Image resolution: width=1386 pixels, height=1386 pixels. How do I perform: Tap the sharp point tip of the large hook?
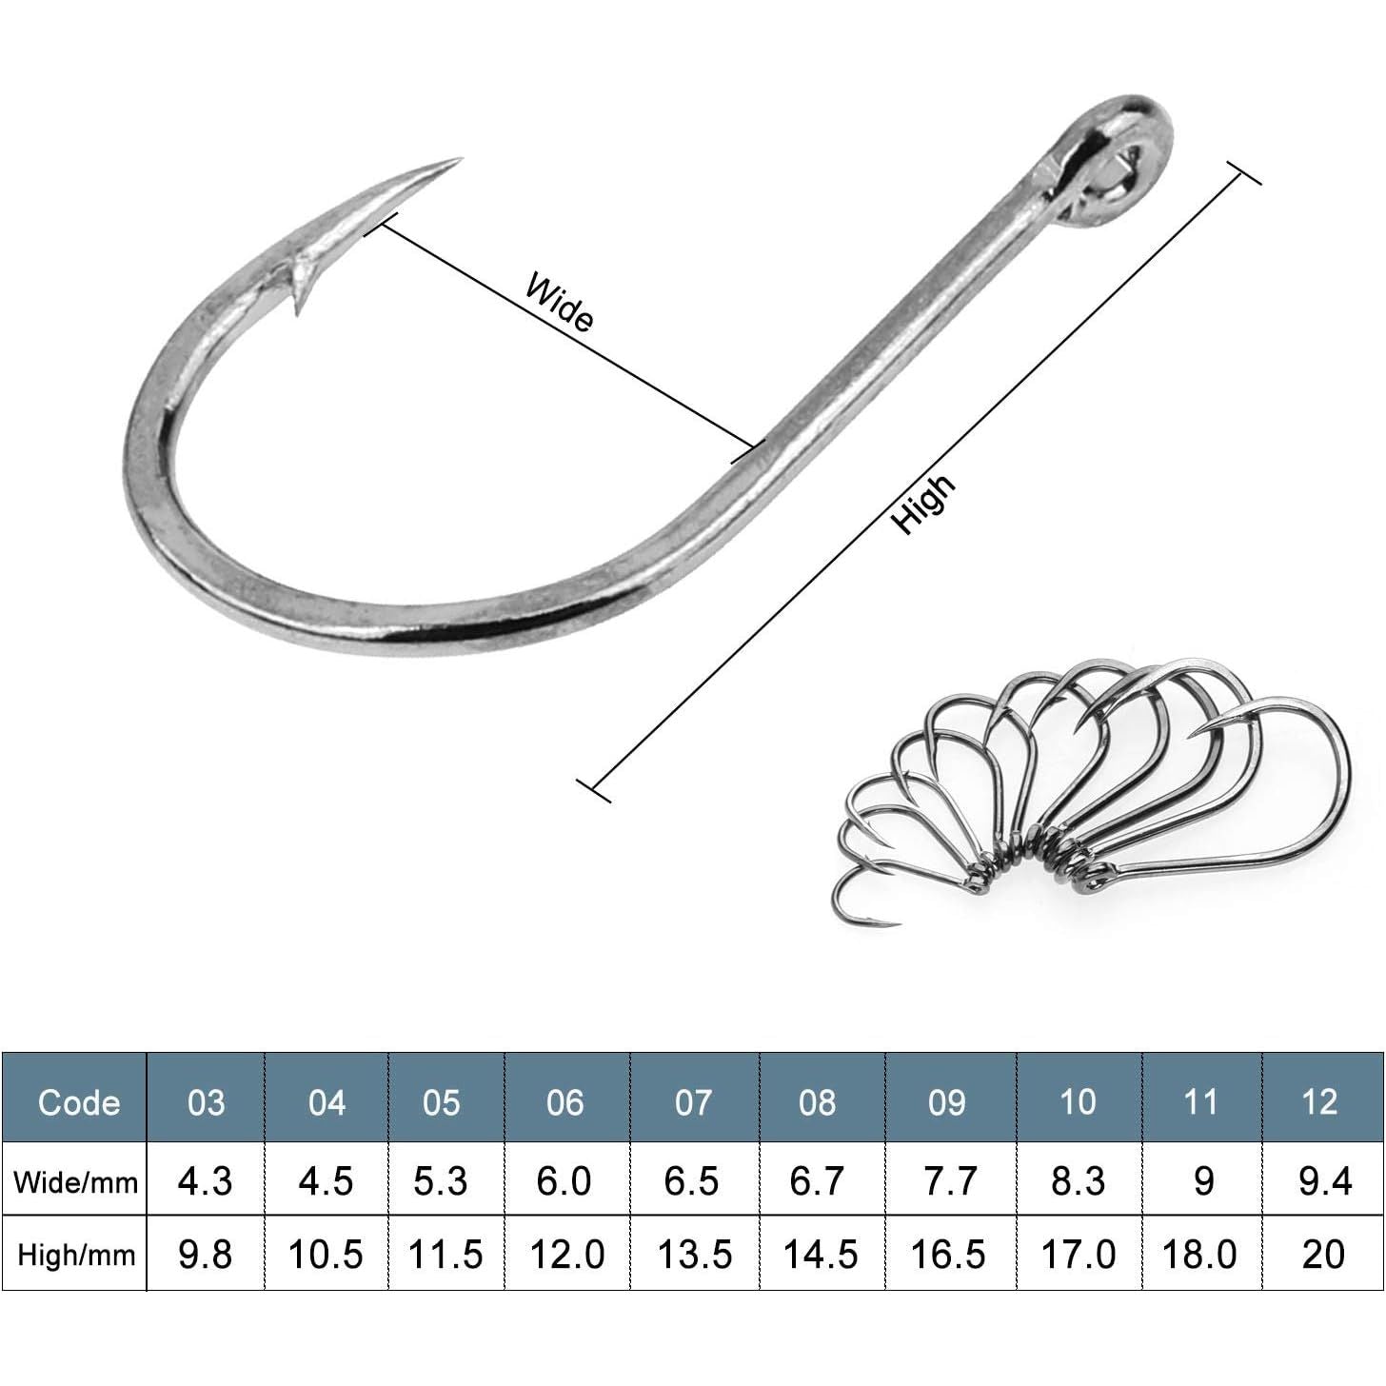(x=460, y=159)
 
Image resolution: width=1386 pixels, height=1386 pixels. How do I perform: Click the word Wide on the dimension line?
(x=560, y=302)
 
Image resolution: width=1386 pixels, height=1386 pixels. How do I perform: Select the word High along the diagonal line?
(x=923, y=504)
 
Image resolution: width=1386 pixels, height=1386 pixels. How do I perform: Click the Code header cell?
(x=78, y=1103)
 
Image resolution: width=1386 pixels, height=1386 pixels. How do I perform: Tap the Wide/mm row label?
(x=75, y=1181)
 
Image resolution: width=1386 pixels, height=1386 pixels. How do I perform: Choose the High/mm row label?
(x=76, y=1255)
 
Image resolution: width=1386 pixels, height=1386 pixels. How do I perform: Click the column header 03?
(x=206, y=1103)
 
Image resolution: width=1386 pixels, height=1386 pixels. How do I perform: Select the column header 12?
(x=1319, y=1102)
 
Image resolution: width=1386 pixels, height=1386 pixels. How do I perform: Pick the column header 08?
(x=817, y=1103)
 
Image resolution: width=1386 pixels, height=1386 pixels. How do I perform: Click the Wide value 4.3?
(x=205, y=1181)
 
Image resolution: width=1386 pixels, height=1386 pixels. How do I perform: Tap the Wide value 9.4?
(x=1325, y=1181)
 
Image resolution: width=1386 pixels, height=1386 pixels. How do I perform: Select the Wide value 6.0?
(x=564, y=1181)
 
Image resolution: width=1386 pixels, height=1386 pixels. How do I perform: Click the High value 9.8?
(x=205, y=1255)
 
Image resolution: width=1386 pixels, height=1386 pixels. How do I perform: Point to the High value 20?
(x=1323, y=1255)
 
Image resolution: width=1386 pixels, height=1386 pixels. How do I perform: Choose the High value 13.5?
(x=695, y=1255)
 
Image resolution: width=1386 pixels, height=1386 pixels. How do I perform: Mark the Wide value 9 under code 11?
(x=1203, y=1181)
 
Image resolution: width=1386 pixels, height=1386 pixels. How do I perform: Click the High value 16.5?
(x=948, y=1255)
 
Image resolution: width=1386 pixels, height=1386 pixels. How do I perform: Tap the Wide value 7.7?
(x=949, y=1181)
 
